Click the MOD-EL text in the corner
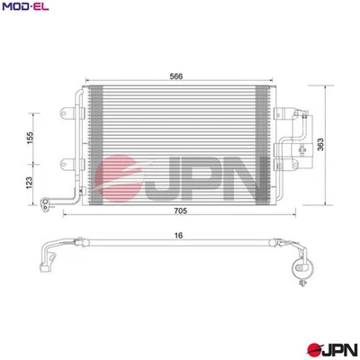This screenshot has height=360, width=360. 24,8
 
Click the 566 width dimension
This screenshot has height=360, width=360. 175,76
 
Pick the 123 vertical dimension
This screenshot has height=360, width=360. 30,183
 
